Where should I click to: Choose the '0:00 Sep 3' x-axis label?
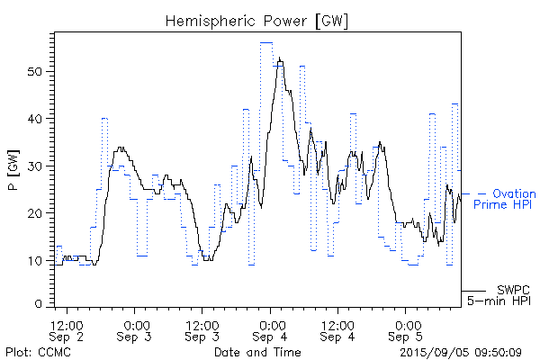point(136,330)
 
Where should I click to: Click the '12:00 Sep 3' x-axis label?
point(202,330)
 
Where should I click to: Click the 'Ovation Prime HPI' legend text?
point(506,200)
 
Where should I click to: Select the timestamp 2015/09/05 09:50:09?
point(460,351)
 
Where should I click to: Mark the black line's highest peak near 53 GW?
point(280,59)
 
